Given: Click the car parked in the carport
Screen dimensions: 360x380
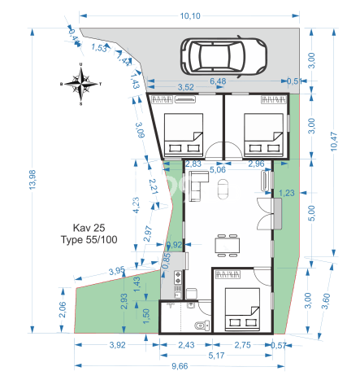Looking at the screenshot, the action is click(223, 56).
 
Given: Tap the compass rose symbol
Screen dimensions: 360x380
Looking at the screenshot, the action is click(81, 84).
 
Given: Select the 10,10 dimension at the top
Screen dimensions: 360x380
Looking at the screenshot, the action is click(190, 16).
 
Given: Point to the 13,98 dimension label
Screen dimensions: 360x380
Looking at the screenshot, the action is click(33, 180).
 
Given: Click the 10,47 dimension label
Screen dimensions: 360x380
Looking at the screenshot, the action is click(334, 142).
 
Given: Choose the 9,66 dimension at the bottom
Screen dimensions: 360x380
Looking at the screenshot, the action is click(180, 366).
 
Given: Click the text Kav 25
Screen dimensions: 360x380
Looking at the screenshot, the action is click(89, 228).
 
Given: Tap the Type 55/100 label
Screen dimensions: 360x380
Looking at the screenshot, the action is click(89, 239).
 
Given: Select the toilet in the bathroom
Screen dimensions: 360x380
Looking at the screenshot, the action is click(202, 325).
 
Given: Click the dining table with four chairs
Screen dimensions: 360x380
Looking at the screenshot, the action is click(228, 246).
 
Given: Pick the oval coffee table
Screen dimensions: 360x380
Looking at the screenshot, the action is click(223, 189).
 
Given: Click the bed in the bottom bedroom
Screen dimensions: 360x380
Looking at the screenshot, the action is click(242, 309).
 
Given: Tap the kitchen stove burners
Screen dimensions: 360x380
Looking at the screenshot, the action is click(178, 277).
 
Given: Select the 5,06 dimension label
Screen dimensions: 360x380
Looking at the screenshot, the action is click(218, 170).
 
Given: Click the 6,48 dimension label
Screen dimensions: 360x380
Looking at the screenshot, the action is click(218, 81).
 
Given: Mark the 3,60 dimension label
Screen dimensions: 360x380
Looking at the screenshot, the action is click(326, 301).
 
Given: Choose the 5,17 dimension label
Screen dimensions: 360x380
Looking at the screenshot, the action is click(216, 356).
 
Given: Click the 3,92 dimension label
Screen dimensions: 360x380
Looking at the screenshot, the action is click(117, 345).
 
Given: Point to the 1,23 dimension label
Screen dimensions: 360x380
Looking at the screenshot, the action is click(286, 193).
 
